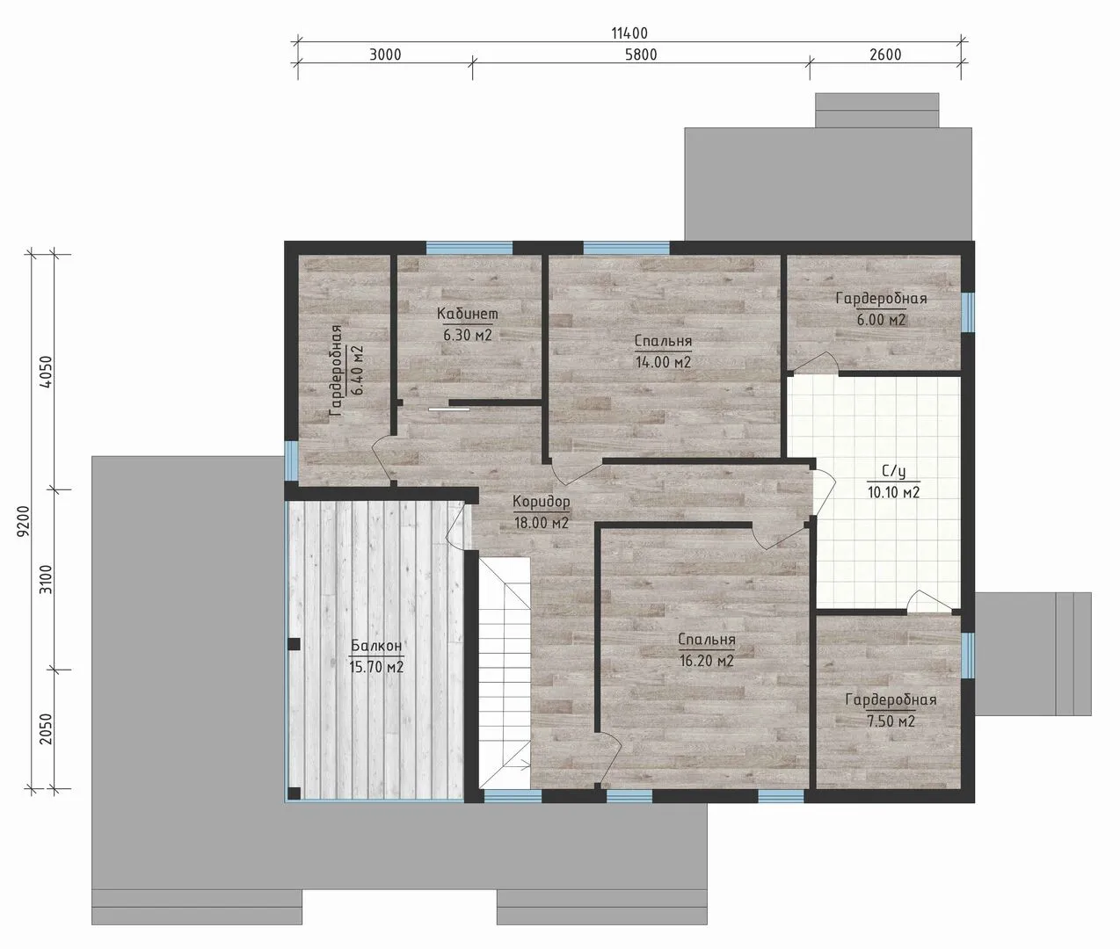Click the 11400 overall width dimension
[629, 33]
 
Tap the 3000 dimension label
[385, 54]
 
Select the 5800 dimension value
[641, 54]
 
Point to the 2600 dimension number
[885, 54]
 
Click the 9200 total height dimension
[24, 521]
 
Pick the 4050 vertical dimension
[47, 372]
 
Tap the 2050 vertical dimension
[47, 729]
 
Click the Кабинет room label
[467, 314]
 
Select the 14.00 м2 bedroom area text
[663, 362]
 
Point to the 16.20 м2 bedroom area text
[707, 661]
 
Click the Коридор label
[542, 502]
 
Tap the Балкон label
[376, 645]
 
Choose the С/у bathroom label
[893, 472]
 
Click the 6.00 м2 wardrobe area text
[881, 320]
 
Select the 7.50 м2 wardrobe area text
[891, 721]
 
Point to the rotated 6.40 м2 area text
[356, 370]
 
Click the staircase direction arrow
[522, 766]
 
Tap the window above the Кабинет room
[469, 248]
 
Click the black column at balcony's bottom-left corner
[294, 793]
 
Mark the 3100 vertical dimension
[47, 580]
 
